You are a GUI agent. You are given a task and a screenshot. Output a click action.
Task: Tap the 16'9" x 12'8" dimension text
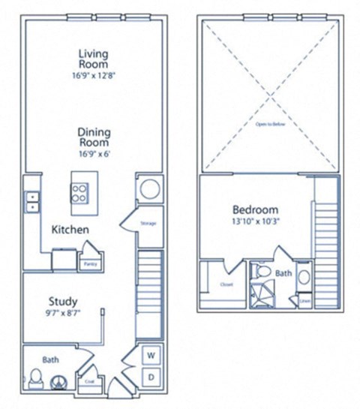coord(94,77)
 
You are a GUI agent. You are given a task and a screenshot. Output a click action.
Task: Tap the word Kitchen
coord(71,229)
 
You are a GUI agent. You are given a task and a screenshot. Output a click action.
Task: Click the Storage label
coord(147,223)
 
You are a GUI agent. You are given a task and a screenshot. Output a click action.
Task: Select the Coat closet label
coord(90,382)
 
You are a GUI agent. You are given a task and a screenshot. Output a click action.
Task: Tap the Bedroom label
coord(255,209)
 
